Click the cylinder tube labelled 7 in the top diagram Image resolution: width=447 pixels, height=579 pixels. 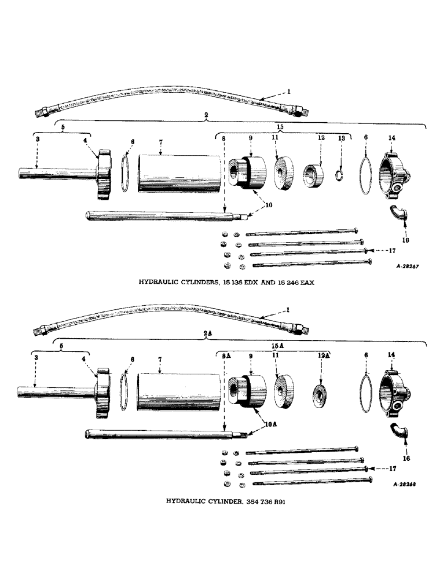[x=179, y=174]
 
